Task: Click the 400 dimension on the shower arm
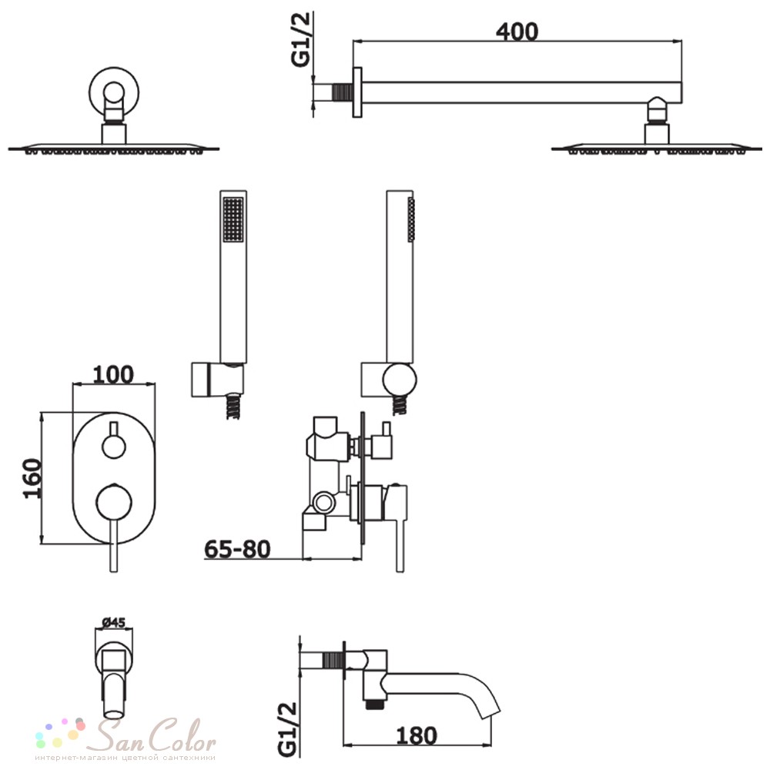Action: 517,32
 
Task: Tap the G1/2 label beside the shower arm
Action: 301,39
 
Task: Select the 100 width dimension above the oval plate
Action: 113,375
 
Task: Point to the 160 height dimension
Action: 33,478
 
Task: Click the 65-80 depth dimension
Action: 237,549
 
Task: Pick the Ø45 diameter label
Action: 113,623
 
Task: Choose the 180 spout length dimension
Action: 416,736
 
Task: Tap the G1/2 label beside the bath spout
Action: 288,729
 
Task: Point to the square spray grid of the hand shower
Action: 233,219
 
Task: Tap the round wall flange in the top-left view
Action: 114,92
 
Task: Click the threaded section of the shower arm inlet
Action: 343,93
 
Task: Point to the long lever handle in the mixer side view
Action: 400,530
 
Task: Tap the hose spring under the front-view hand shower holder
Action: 233,407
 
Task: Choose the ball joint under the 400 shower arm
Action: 657,109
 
